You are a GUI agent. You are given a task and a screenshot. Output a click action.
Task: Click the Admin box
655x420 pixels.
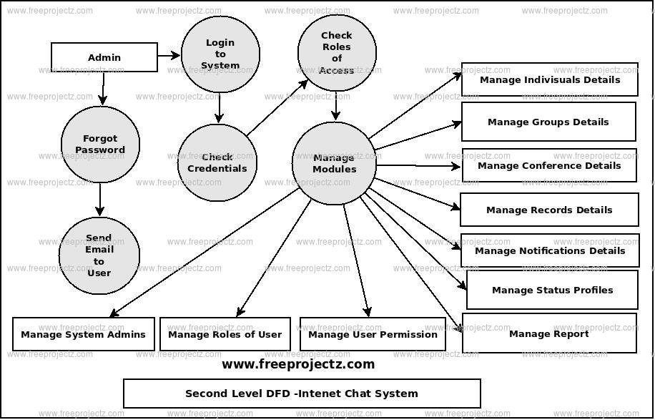tap(104, 57)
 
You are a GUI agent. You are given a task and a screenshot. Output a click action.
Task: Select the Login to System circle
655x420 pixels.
tap(220, 54)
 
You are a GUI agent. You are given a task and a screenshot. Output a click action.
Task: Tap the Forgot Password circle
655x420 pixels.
tap(100, 145)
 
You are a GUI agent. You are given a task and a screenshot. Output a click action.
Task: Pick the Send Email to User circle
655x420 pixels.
tap(99, 255)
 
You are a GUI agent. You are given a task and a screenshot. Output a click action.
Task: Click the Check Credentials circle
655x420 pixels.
tap(217, 162)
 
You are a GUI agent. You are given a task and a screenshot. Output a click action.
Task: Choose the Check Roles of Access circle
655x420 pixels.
tap(337, 53)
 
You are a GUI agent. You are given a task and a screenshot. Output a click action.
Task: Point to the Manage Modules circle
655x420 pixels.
tap(334, 164)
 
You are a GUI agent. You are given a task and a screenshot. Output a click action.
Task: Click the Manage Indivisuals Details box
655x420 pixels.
tap(549, 79)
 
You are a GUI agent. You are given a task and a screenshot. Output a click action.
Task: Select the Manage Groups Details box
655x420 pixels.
tap(548, 122)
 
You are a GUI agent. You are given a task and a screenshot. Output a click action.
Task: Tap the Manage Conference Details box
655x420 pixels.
tap(549, 165)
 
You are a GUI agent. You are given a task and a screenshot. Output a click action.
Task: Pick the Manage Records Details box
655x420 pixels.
tap(549, 210)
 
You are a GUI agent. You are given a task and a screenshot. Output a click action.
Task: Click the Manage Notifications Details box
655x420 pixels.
tap(550, 250)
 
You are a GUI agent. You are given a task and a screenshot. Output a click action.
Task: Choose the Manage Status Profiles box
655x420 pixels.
tap(552, 290)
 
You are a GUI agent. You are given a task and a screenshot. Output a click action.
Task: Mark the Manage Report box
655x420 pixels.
tap(549, 333)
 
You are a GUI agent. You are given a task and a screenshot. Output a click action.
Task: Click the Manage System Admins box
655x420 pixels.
tap(84, 334)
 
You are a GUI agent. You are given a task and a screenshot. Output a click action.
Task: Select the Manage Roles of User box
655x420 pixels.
tap(225, 334)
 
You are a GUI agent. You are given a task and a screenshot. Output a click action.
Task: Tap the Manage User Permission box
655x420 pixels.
tap(373, 334)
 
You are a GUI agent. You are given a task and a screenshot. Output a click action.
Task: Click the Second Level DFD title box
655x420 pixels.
tap(302, 394)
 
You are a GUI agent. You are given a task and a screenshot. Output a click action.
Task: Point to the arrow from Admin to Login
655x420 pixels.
tap(169, 55)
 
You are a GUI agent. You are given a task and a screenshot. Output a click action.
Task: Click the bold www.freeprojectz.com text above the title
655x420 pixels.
tap(298, 364)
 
